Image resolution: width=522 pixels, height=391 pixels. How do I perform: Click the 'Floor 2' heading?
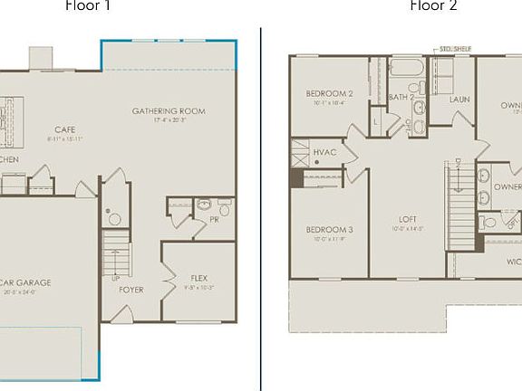pos(433,5)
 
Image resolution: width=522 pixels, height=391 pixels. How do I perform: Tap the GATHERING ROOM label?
pos(169,111)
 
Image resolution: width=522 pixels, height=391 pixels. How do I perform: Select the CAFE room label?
pos(63,129)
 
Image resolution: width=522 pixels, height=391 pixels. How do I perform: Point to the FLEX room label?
pos(198,277)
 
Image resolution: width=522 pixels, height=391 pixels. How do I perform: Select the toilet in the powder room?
pos(224,207)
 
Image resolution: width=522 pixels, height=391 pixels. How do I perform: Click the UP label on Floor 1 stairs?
pos(115,278)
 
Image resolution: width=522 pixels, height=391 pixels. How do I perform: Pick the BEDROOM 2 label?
pos(329,93)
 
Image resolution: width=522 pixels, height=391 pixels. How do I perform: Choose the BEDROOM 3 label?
pos(329,230)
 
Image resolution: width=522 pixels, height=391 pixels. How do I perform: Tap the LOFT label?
pos(408,219)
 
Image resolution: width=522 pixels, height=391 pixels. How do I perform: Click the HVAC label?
pos(324,152)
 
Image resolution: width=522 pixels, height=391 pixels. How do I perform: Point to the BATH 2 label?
pos(401,96)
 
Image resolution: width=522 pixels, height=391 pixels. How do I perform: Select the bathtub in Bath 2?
pos(401,68)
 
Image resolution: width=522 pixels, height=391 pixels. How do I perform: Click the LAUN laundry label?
pos(459,99)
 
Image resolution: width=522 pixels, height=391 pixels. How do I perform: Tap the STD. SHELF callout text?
pos(455,51)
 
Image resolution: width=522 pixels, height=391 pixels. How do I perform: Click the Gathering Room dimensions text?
pos(169,120)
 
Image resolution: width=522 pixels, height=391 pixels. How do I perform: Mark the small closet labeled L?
pos(375,119)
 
